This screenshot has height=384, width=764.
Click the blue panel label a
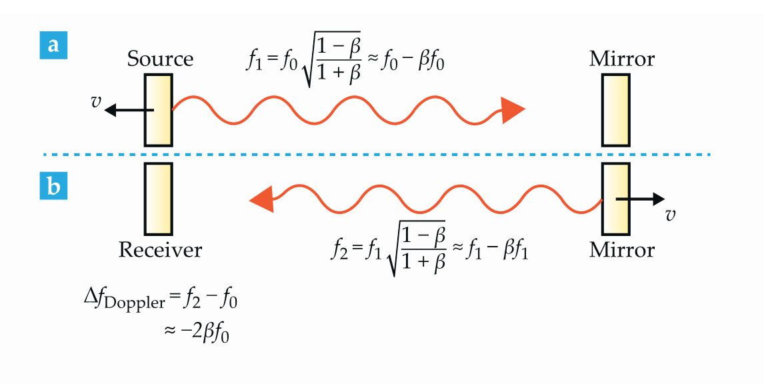coord(53,45)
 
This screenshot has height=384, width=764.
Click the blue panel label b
coord(53,186)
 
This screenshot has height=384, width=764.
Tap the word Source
coord(160,59)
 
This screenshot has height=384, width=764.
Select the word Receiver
coord(160,249)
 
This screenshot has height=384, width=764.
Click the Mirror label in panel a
coord(622,59)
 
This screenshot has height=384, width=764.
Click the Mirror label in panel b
coord(622,249)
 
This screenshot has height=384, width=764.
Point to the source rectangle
coord(159,110)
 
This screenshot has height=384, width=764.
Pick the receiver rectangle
coord(159,199)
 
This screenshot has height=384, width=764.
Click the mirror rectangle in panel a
coord(616,110)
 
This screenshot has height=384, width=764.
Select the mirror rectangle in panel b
coord(616,199)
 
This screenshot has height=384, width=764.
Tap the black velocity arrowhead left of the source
coord(111,110)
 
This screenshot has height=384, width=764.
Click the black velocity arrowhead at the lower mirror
coord(658,199)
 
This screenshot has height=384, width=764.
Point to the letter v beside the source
coord(96,102)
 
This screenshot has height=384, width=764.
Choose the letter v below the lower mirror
coord(671,215)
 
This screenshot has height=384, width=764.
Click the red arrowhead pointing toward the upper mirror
coord(513,110)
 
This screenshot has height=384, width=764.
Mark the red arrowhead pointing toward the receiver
coord(261,200)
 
